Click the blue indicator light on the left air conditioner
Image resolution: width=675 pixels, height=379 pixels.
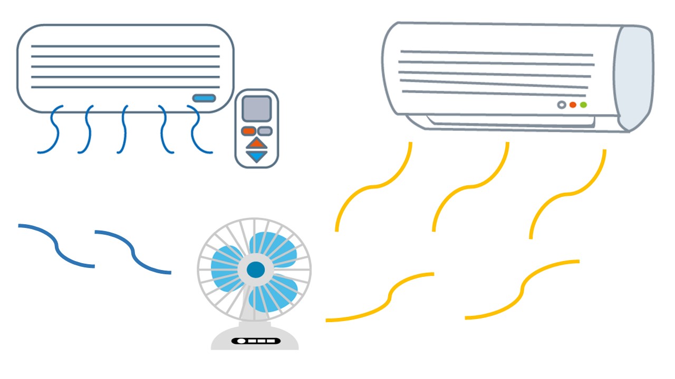[204, 98]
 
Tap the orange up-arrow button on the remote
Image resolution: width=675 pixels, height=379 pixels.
[256, 143]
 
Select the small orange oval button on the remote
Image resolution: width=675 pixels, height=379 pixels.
[248, 131]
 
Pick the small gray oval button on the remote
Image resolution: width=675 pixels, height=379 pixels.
[265, 131]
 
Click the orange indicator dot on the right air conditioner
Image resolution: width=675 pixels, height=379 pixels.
[573, 105]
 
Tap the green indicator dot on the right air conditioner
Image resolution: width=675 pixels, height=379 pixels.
[583, 105]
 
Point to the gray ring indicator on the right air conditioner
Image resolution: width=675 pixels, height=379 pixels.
[562, 105]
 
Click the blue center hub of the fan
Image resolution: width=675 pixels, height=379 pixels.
[256, 270]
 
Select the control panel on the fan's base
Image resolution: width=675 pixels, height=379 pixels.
[256, 341]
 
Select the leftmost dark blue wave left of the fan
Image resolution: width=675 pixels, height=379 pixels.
[56, 246]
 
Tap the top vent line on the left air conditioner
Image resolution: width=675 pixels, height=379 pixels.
[125, 46]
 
